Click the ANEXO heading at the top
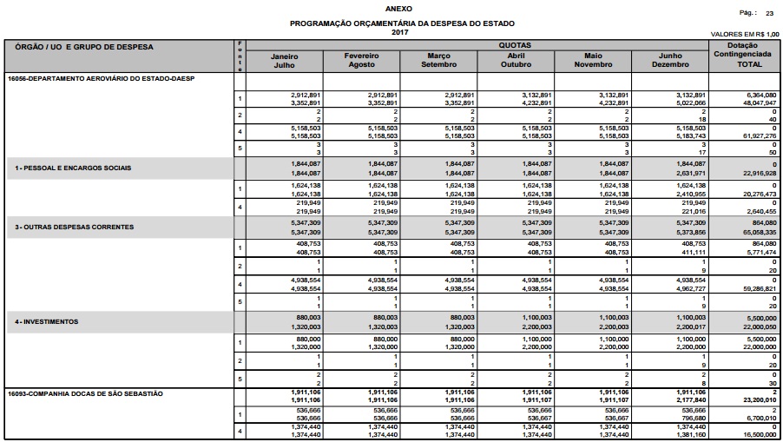[x=391, y=7]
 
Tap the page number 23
[x=769, y=14]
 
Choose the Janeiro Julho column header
[x=285, y=60]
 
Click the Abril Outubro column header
[x=516, y=60]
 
